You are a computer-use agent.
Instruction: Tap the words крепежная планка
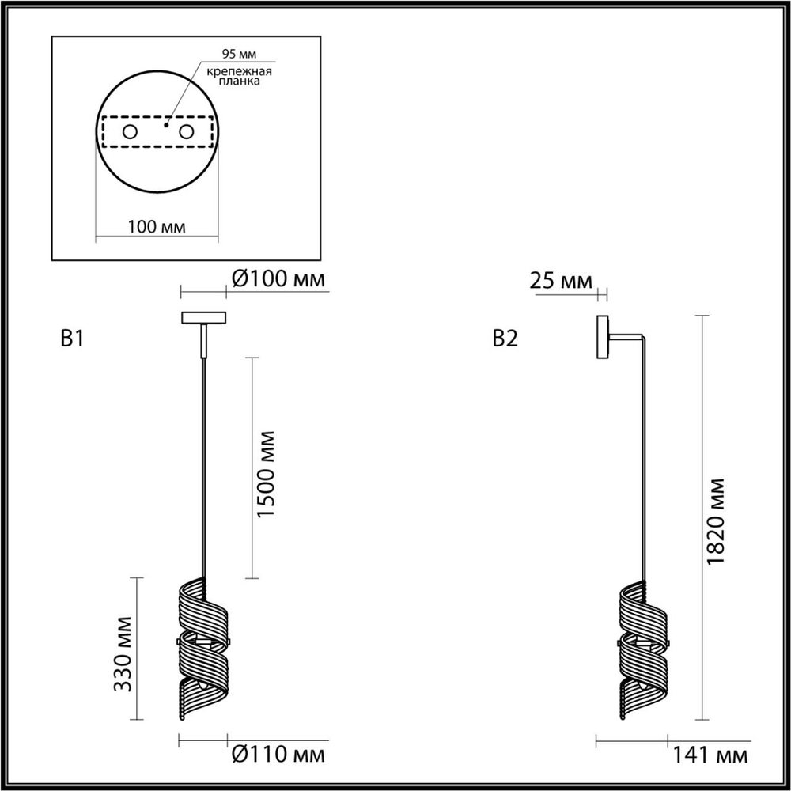pos(240,77)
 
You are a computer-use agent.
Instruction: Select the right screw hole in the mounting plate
pos(186,132)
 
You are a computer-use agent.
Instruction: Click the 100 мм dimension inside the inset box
pos(156,227)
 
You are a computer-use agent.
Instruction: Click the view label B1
pos(72,339)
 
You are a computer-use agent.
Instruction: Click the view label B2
pos(505,339)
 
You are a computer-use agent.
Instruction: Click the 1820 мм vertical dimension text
pos(717,520)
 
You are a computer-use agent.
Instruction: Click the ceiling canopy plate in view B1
pos(204,318)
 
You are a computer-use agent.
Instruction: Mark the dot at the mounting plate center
pos(166,124)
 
